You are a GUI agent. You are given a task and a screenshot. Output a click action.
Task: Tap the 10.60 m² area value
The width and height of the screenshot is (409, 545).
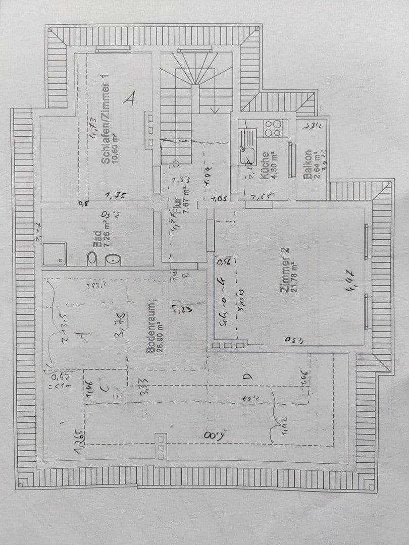tap(115, 146)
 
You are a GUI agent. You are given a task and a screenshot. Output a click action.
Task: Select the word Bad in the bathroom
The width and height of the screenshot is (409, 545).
tap(97, 238)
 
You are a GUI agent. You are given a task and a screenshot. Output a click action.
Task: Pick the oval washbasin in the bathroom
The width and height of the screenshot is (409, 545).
tap(113, 259)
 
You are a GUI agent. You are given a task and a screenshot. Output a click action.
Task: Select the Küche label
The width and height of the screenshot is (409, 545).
tap(264, 169)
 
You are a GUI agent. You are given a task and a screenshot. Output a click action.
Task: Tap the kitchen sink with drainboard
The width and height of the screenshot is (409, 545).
tap(247, 146)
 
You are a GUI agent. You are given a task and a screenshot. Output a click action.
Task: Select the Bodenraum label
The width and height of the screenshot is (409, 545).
tap(150, 328)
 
